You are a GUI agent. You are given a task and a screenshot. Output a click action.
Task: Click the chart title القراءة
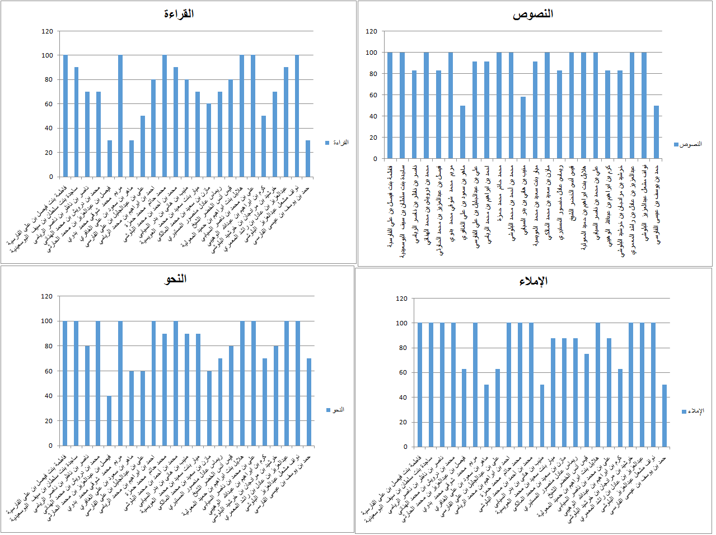(179, 13)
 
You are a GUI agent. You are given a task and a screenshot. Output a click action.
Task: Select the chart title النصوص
(532, 14)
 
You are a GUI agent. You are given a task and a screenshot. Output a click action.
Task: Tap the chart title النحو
(175, 279)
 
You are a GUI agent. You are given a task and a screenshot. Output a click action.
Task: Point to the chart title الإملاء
(533, 281)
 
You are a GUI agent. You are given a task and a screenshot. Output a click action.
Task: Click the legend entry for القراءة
(337, 143)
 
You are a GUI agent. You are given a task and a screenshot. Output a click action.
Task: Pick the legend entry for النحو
(335, 410)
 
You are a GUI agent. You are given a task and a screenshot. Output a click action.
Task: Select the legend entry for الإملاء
(693, 411)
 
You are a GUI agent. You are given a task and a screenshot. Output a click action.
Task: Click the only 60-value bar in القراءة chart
(209, 140)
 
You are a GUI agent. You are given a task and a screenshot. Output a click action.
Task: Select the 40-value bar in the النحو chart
(110, 420)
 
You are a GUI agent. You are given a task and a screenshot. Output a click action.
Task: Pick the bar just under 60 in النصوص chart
(523, 127)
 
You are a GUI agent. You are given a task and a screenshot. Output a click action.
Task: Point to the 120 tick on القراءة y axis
(47, 31)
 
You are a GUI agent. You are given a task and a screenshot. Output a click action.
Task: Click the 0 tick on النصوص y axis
(375, 159)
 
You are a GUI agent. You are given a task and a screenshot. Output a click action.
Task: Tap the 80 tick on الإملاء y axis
(401, 348)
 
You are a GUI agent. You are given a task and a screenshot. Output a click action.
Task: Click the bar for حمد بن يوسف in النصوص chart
(656, 132)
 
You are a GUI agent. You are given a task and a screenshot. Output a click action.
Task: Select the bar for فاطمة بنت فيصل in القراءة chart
(65, 116)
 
